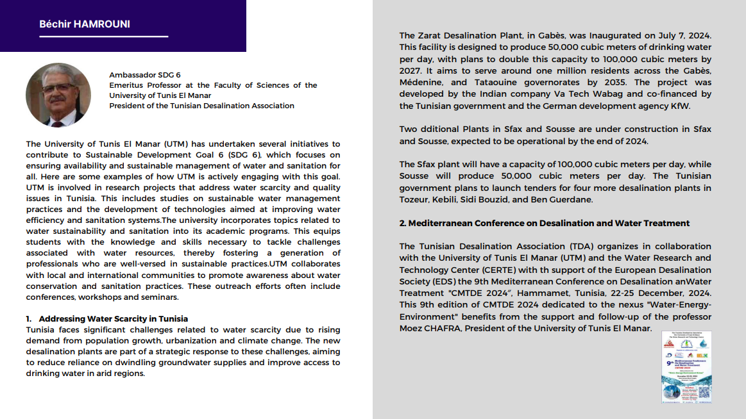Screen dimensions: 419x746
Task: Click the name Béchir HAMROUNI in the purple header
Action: [x=85, y=24]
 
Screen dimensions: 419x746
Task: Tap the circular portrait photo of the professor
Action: [x=58, y=95]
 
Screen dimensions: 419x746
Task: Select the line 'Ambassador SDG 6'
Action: [x=144, y=75]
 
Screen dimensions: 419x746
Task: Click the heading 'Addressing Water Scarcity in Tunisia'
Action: [x=113, y=318]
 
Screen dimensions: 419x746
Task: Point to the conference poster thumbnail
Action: [x=686, y=367]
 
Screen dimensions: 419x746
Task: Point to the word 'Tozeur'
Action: [x=413, y=199]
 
